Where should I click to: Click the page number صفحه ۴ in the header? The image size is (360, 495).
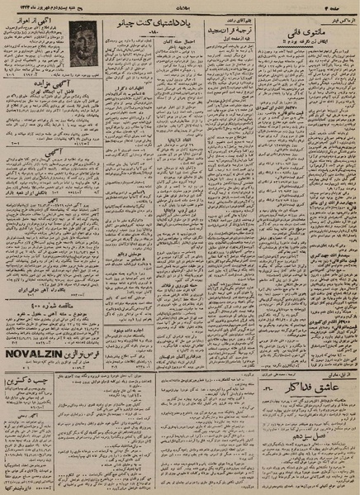point(331,7)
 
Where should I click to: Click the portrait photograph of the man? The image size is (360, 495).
point(83,42)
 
